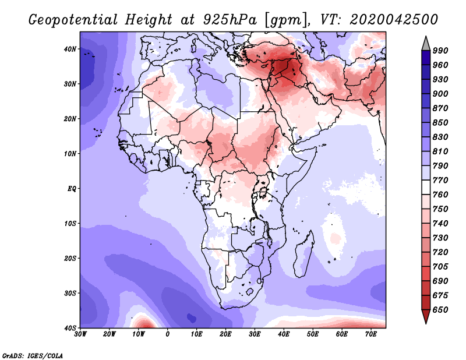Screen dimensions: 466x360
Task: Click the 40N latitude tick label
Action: (70, 49)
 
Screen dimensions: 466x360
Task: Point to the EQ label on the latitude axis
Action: (72, 189)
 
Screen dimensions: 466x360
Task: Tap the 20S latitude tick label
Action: (70, 258)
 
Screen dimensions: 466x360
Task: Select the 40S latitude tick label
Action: (70, 328)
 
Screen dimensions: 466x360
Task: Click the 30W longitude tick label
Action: (80, 334)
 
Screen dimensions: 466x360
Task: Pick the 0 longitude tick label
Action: (168, 334)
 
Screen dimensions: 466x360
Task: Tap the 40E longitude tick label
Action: (284, 334)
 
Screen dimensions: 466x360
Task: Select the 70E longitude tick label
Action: (371, 334)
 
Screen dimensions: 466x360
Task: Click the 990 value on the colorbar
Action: (440, 51)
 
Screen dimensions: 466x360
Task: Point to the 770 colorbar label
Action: (440, 180)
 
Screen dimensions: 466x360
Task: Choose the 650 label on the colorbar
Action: (440, 310)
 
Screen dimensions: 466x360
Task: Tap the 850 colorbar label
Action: (440, 122)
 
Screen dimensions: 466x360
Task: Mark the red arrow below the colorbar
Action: (426, 316)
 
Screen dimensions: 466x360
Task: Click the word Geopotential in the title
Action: (73, 20)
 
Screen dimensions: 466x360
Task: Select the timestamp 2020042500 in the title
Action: (394, 20)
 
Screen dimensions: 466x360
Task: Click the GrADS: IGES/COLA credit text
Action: (33, 355)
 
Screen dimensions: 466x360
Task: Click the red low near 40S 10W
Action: (144, 322)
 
